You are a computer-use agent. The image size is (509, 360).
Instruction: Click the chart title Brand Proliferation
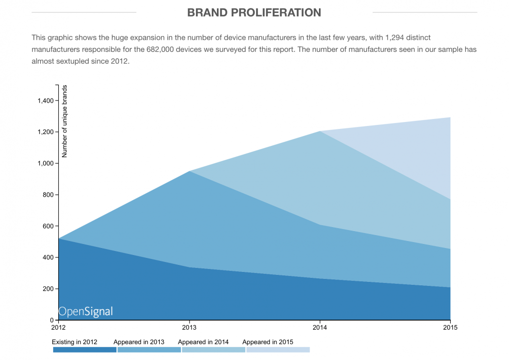coord(254,12)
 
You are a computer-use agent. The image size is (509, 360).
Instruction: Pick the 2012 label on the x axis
coord(58,328)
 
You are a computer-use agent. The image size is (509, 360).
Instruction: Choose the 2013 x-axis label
coord(189,328)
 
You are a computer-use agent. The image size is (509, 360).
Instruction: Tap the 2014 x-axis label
coord(319,328)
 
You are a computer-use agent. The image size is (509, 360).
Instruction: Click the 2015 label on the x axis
coord(450,328)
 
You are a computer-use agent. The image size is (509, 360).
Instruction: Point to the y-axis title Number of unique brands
coord(64,121)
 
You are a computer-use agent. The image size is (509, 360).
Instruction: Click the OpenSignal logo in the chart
coord(86,312)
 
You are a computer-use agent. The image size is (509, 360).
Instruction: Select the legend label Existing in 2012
coord(75,342)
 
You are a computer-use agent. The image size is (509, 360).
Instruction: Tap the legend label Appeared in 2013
coord(139,342)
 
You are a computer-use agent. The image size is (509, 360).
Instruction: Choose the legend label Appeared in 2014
coord(203,342)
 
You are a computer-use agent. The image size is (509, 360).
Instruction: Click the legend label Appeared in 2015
coord(268,342)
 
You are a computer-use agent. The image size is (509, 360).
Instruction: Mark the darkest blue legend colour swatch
coord(85,350)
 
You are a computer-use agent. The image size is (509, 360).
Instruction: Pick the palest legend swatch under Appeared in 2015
coord(278,350)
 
